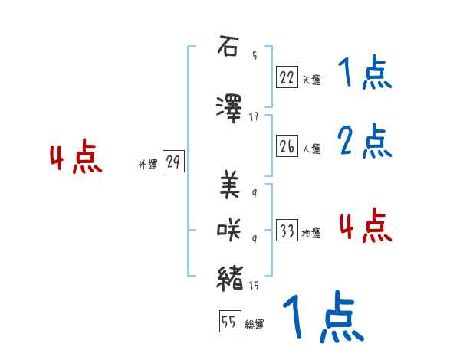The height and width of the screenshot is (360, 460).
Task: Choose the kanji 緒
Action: pos(230,277)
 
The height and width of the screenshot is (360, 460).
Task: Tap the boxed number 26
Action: pos(287,146)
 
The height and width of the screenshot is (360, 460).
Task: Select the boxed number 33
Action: pos(287,231)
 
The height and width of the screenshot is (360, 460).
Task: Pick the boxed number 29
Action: pos(173,162)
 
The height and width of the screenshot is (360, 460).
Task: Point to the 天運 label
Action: pos(311,79)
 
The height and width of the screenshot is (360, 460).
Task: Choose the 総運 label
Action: pos(255,325)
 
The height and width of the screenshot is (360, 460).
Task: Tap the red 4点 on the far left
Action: pos(75,159)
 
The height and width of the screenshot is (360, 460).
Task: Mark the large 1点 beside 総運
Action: pos(322,318)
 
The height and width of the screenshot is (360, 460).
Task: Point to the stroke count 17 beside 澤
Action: pos(254,116)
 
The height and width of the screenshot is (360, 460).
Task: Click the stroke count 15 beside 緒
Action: pos(254,286)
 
